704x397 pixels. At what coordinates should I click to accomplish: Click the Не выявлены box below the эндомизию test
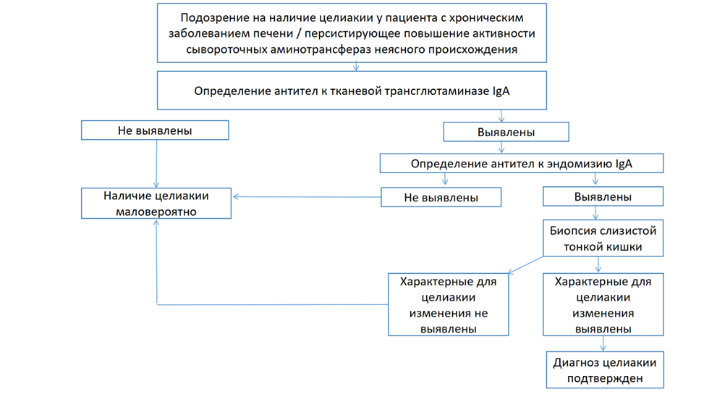click(441, 197)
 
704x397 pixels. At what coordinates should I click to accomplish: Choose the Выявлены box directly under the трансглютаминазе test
click(506, 133)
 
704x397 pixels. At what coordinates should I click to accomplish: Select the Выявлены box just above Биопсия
click(603, 196)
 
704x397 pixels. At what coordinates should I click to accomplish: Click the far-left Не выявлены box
click(155, 130)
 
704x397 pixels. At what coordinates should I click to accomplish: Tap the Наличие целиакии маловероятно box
click(156, 204)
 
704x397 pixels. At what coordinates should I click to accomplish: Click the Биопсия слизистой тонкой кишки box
click(603, 238)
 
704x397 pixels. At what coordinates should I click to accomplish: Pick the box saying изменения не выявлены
click(448, 305)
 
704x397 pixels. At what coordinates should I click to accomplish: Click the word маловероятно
click(156, 212)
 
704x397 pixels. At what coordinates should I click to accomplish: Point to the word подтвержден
click(605, 378)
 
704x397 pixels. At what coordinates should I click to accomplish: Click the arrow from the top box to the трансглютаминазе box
click(356, 66)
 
